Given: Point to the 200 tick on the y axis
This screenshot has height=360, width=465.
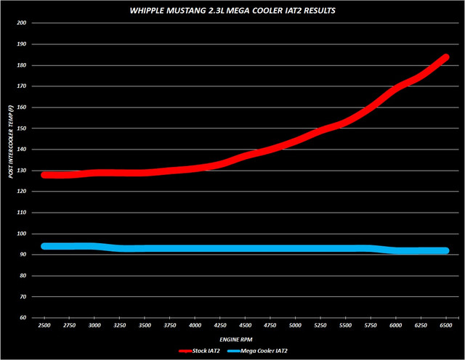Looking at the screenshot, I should click(22, 23).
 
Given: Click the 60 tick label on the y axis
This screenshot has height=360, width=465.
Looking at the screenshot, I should click(23, 319).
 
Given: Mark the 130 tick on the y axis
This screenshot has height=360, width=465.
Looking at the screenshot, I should click(22, 171).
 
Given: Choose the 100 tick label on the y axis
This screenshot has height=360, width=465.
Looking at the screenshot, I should click(22, 234).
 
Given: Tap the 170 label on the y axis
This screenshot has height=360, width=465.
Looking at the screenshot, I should click(22, 86).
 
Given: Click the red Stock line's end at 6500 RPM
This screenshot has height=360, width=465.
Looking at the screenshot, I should click(446, 57).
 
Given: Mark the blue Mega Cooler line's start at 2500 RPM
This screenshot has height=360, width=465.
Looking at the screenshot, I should click(45, 246).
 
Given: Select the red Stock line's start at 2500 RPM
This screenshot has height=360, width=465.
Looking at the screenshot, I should click(45, 175).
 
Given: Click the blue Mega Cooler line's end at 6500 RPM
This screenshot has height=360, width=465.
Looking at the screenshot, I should click(446, 250).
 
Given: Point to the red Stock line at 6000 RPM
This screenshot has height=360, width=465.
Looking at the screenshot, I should click(396, 88).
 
